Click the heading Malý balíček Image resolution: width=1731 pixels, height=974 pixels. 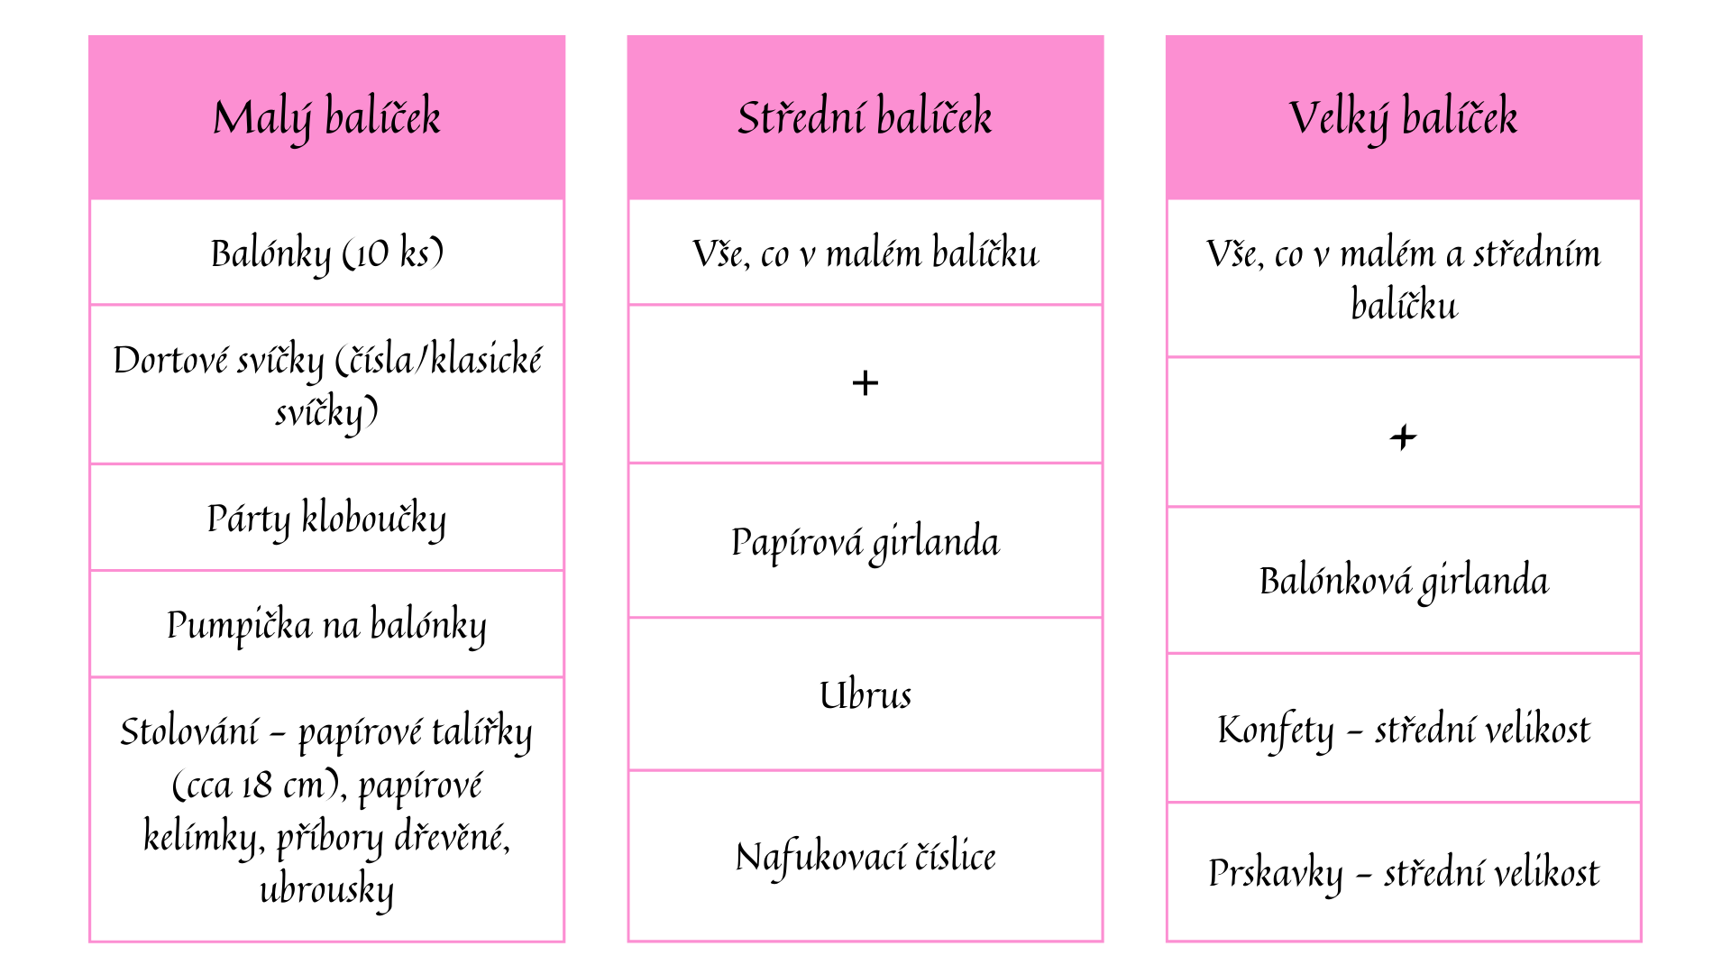pyautogui.click(x=326, y=118)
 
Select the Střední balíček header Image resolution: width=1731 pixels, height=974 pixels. pyautogui.click(x=865, y=117)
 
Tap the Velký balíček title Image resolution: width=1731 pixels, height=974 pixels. pyautogui.click(x=1403, y=118)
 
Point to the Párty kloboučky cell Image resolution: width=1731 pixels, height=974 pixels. pyautogui.click(x=326, y=519)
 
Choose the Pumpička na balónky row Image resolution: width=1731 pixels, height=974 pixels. pyautogui.click(x=326, y=625)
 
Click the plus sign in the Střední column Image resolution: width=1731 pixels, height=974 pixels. pyautogui.click(x=865, y=383)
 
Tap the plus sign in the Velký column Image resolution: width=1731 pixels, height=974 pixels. pyautogui.click(x=1403, y=437)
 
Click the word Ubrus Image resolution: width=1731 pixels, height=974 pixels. pyautogui.click(x=865, y=695)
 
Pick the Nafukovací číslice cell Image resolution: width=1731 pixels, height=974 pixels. pyautogui.click(x=865, y=857)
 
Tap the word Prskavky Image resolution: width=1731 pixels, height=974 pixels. pyautogui.click(x=1275, y=874)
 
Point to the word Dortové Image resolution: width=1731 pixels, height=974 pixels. pyautogui.click(x=170, y=360)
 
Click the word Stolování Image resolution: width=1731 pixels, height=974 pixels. pyautogui.click(x=189, y=731)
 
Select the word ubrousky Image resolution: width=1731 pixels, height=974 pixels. pyautogui.click(x=326, y=890)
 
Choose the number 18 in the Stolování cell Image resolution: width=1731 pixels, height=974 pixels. pyautogui.click(x=257, y=786)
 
